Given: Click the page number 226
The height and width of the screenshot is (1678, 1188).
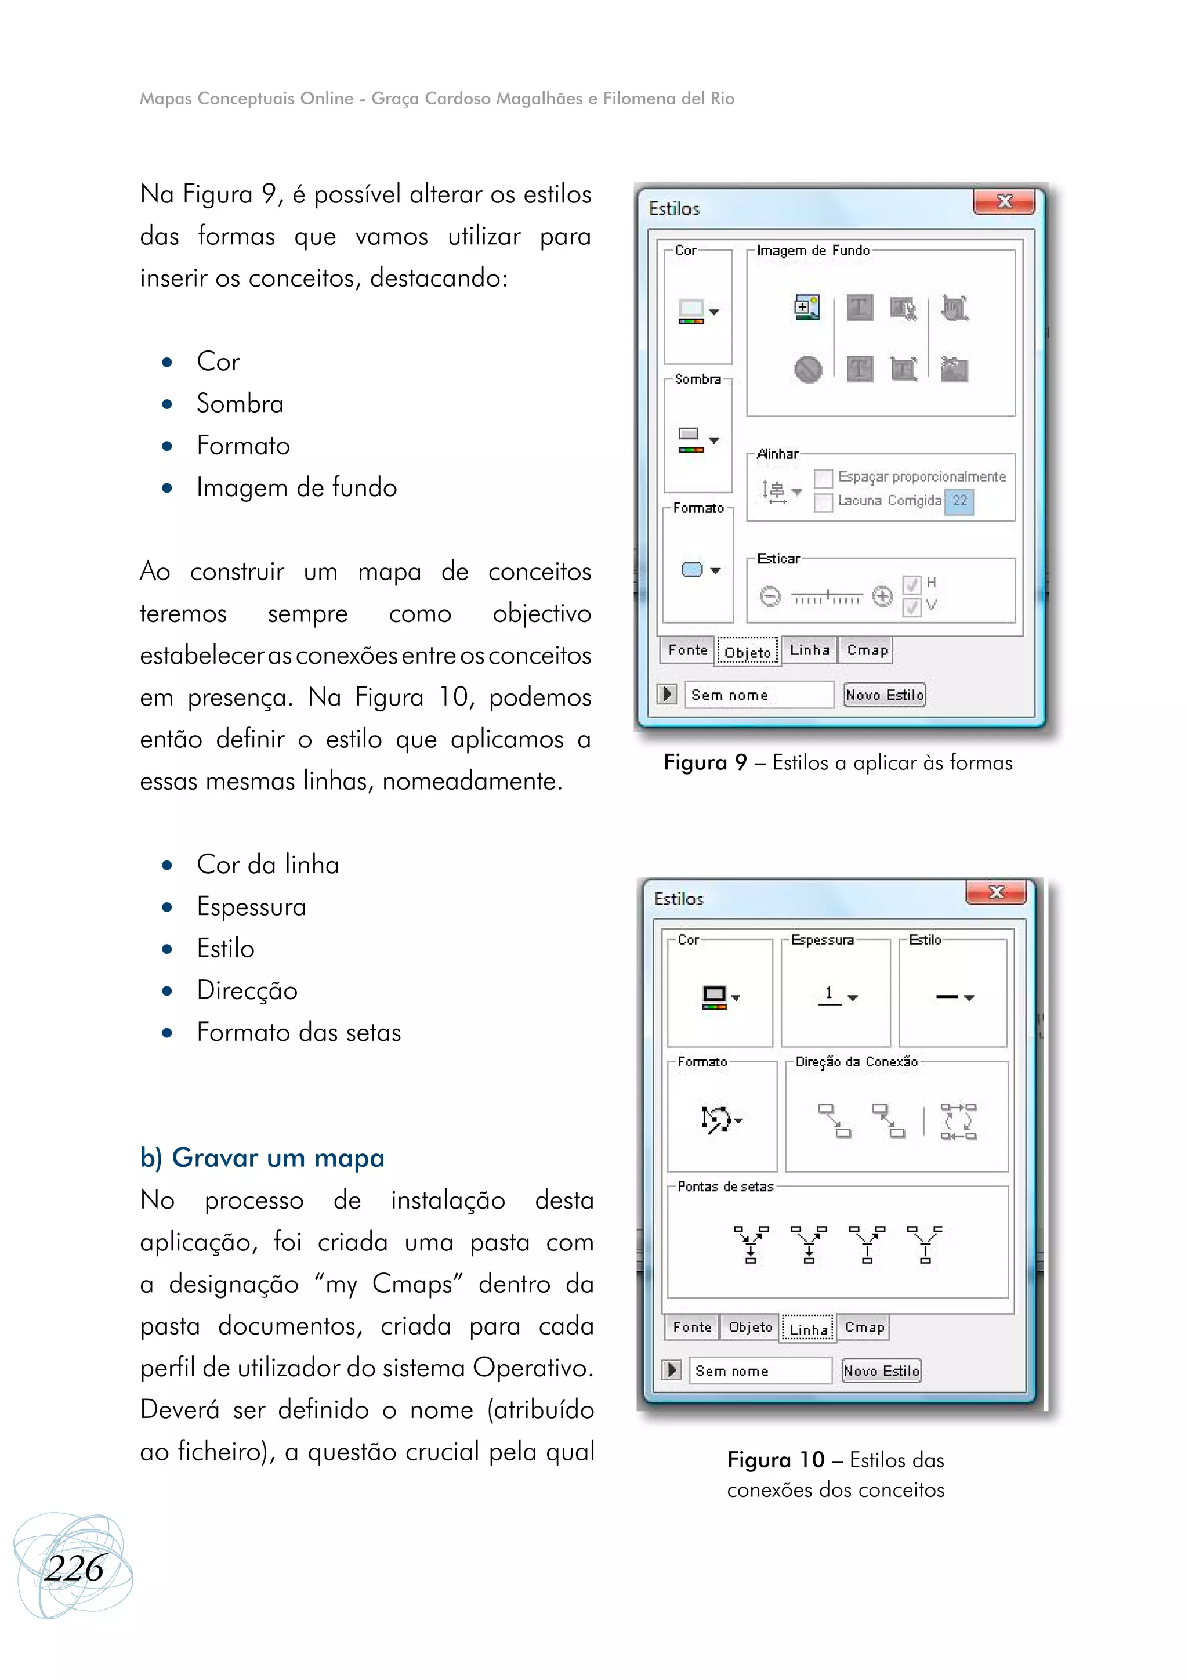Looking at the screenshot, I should tap(74, 1569).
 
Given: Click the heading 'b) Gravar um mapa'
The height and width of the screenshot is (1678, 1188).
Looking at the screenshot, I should tap(262, 1158).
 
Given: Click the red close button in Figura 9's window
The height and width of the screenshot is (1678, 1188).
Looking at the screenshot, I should tap(1004, 202).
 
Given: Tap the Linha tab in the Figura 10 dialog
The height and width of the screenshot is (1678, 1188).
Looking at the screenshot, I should tap(808, 1329).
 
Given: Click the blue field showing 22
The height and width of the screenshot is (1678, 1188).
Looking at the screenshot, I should tap(959, 501).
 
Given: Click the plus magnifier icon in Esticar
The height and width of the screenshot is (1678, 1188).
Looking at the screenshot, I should tap(883, 596).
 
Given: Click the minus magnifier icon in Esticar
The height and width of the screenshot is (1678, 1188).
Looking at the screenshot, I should tap(770, 596).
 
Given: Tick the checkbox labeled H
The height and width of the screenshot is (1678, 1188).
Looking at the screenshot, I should tap(911, 584).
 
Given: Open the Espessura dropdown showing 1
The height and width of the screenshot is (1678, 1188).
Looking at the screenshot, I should tap(838, 996).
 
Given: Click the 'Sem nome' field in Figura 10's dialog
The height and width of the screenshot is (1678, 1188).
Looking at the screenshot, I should tap(759, 1370).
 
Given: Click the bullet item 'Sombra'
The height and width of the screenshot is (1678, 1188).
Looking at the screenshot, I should tap(240, 404).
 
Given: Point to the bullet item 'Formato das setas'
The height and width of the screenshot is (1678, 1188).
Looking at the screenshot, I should tap(299, 1033).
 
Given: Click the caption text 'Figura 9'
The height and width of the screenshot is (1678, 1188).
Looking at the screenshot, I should tap(704, 762).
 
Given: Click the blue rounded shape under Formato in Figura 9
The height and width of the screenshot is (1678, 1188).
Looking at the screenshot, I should tap(692, 570).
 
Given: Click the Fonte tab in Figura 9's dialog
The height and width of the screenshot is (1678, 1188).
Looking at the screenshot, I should tap(687, 650).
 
